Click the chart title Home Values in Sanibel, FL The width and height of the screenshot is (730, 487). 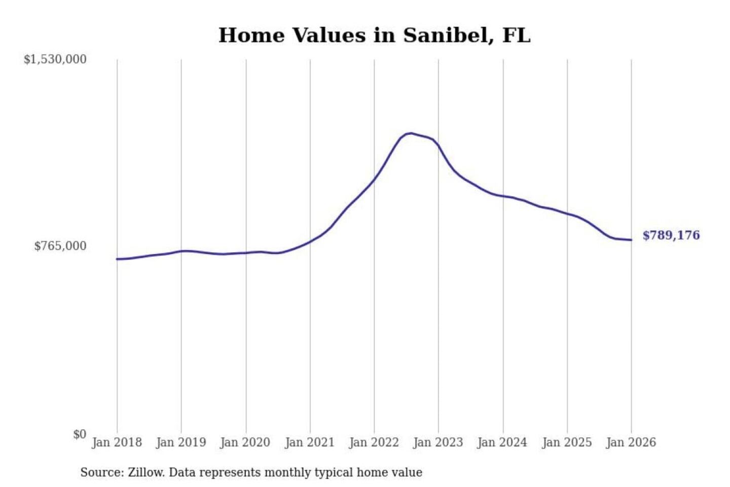(x=374, y=36)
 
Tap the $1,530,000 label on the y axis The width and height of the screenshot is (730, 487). (x=55, y=59)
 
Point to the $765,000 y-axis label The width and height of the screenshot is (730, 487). (x=60, y=246)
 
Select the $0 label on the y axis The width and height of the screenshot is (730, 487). (x=80, y=434)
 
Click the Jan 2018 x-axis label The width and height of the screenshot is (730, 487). (x=117, y=442)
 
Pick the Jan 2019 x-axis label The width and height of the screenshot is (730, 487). (x=181, y=442)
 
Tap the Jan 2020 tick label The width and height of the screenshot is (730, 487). (x=245, y=442)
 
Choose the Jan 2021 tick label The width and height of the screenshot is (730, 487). (x=310, y=442)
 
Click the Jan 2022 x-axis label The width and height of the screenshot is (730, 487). (x=374, y=442)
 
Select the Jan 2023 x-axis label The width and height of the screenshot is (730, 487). (x=438, y=442)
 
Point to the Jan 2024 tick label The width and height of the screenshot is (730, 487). (x=502, y=442)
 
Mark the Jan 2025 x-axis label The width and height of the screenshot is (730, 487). (x=567, y=442)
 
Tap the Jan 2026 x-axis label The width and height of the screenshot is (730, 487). (x=631, y=442)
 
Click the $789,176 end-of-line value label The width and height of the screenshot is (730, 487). (x=671, y=235)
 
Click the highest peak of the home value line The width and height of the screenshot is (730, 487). (x=411, y=133)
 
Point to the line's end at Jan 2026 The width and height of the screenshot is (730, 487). (x=631, y=240)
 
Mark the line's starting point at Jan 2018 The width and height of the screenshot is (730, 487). (x=117, y=259)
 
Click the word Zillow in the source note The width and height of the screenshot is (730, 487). (x=146, y=473)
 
